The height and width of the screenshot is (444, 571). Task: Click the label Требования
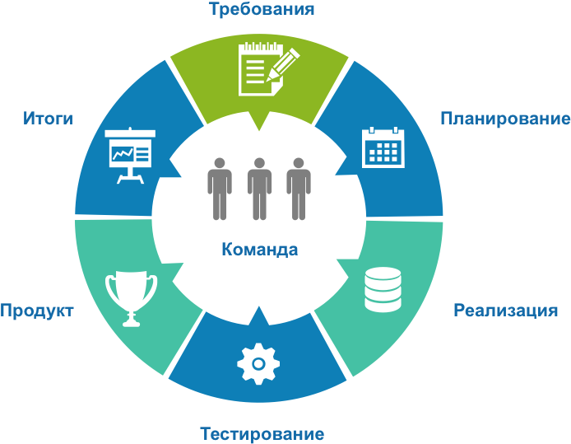click(x=262, y=9)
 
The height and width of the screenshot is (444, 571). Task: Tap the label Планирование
click(x=505, y=119)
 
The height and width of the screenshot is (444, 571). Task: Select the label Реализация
click(x=505, y=311)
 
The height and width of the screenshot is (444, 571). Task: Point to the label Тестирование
click(x=262, y=434)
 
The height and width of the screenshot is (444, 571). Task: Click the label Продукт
click(x=37, y=311)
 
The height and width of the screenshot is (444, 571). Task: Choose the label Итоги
click(x=48, y=119)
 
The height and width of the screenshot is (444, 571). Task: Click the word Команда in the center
click(x=260, y=250)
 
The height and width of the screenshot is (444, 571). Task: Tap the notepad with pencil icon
click(x=269, y=69)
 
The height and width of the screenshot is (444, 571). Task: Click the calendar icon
click(x=383, y=147)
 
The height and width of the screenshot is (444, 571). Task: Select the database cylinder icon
click(x=383, y=289)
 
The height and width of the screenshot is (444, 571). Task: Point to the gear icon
click(x=258, y=364)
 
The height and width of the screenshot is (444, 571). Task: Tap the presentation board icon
click(x=130, y=156)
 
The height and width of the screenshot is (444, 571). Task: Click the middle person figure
click(x=259, y=189)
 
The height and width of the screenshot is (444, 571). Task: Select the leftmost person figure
click(x=220, y=189)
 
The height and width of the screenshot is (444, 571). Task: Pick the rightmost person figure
click(x=299, y=189)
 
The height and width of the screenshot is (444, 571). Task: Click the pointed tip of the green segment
click(x=259, y=130)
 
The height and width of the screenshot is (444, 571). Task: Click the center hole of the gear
click(x=258, y=364)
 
